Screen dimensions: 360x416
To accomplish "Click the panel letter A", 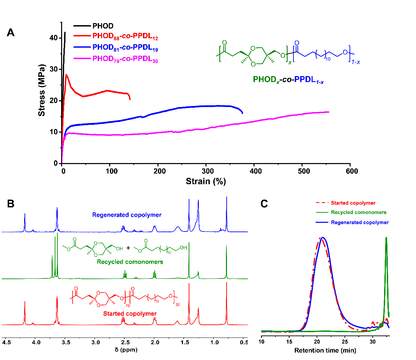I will [x=10, y=33].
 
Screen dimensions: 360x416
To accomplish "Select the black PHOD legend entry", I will [x=103, y=26].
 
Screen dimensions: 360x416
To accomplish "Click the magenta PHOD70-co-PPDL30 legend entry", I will [x=125, y=59].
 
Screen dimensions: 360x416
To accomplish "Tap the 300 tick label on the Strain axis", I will [x=207, y=171].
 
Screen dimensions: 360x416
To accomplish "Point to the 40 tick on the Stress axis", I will [x=54, y=38].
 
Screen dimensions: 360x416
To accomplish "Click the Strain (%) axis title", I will [x=205, y=182].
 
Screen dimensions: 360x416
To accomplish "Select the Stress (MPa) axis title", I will [x=42, y=90].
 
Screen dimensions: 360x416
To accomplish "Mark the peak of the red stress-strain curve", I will [x=66, y=75].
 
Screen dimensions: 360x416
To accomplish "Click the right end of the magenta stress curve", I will [x=328, y=112].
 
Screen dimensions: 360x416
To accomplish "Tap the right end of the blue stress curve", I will [x=242, y=113].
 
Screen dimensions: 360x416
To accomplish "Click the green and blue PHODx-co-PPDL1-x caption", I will [x=288, y=80].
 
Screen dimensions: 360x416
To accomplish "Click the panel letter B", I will [x=10, y=204].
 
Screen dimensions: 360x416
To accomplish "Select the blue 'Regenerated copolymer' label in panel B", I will [x=127, y=215].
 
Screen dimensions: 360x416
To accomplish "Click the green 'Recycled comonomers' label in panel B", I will [x=130, y=262].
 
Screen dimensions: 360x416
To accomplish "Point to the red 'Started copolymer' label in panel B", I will [x=130, y=314].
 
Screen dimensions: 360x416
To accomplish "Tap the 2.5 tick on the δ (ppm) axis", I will [x=126, y=343].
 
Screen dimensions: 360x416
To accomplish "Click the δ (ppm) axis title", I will [x=126, y=350].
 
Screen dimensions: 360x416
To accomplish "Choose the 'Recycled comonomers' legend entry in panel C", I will [x=358, y=212].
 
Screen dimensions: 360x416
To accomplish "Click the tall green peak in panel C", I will [x=386, y=238].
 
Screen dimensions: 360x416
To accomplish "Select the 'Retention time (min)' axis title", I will [x=325, y=351].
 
